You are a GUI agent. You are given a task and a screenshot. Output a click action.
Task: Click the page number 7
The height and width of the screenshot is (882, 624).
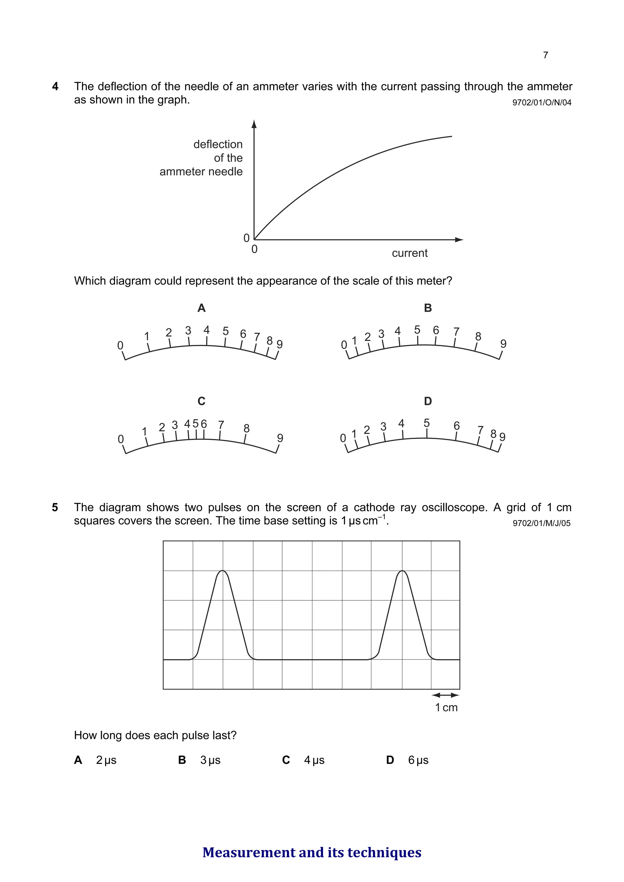tap(545, 55)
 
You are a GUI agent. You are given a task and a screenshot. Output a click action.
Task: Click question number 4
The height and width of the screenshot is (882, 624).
tap(55, 86)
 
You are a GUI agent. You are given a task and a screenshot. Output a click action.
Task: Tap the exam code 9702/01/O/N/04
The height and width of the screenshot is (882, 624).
tap(542, 103)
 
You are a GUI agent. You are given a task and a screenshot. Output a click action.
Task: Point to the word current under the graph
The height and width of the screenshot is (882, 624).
tap(409, 253)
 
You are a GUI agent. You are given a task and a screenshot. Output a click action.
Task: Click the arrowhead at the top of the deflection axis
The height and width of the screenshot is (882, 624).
tap(254, 124)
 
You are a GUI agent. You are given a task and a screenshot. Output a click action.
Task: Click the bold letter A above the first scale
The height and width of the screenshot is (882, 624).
tap(201, 308)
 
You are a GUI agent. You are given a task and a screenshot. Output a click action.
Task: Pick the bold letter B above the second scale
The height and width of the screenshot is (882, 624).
tap(428, 308)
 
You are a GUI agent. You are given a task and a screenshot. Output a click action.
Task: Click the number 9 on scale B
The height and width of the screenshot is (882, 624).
tap(503, 343)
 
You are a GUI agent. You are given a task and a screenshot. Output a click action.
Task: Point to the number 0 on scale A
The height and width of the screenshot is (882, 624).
tap(120, 345)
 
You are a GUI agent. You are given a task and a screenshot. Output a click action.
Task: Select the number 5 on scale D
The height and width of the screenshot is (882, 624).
tap(426, 423)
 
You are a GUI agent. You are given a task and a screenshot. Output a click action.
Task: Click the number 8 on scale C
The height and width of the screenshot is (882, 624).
tap(246, 428)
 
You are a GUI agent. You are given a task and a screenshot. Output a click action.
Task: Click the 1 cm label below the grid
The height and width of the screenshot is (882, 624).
tap(446, 707)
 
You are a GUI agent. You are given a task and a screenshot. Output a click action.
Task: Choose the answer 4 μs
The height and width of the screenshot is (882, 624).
tap(314, 760)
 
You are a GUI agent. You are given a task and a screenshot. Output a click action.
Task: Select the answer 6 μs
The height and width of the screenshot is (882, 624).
tap(418, 760)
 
